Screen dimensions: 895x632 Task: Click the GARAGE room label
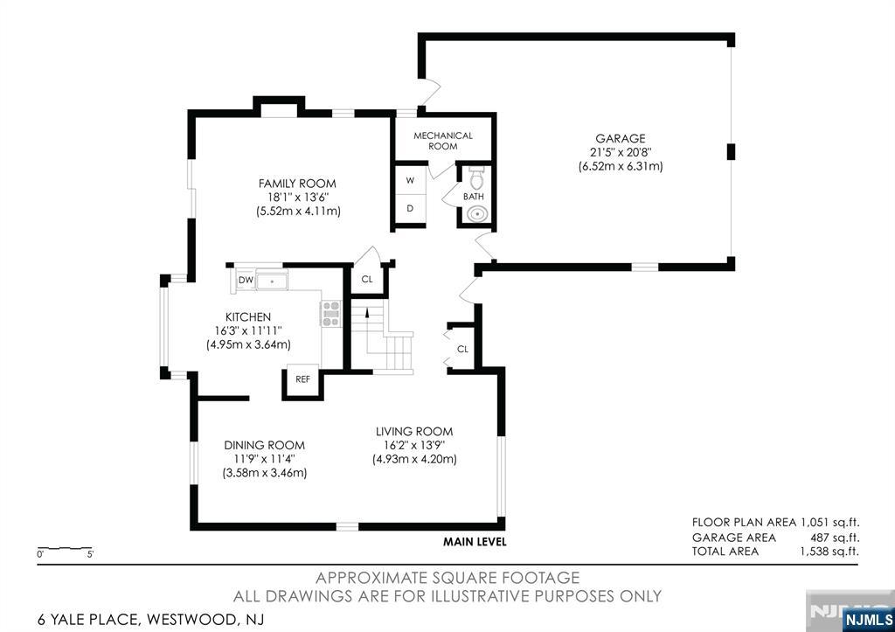[621, 139]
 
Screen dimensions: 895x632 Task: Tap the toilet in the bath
[475, 177]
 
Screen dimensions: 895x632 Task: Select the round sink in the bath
[475, 214]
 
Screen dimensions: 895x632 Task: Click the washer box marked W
[410, 180]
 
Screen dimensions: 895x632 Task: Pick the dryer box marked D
[410, 209]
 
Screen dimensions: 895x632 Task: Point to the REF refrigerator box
[302, 379]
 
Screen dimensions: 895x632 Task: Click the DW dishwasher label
[246, 280]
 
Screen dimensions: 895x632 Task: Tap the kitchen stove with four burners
[330, 314]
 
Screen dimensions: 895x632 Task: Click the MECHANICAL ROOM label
[443, 141]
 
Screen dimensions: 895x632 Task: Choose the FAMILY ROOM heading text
[297, 184]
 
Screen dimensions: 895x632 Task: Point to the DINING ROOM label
[264, 445]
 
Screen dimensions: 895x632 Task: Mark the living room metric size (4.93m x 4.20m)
[414, 459]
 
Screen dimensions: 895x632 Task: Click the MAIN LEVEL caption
[475, 542]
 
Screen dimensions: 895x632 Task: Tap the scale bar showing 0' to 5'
[65, 549]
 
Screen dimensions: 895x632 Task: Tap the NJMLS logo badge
[868, 620]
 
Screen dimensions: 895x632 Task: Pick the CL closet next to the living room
[462, 349]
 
